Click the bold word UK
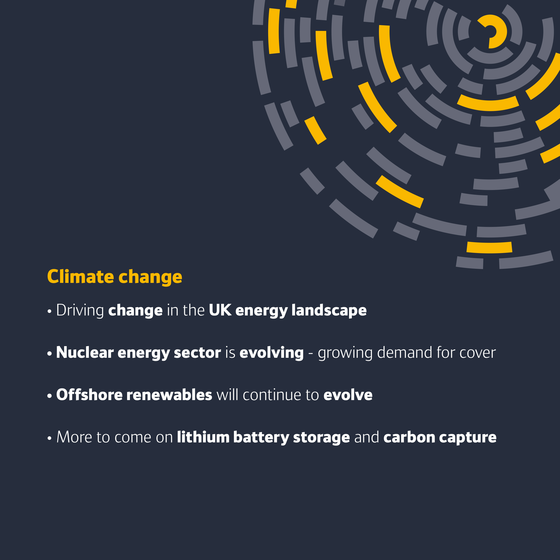click(220, 310)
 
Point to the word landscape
click(329, 311)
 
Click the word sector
click(197, 353)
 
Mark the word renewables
click(169, 394)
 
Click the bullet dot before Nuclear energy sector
click(50, 354)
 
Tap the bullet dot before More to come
click(50, 438)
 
